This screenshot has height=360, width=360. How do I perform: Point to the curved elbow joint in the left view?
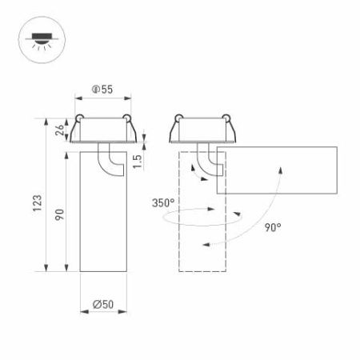pyautogui.click(x=106, y=158)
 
